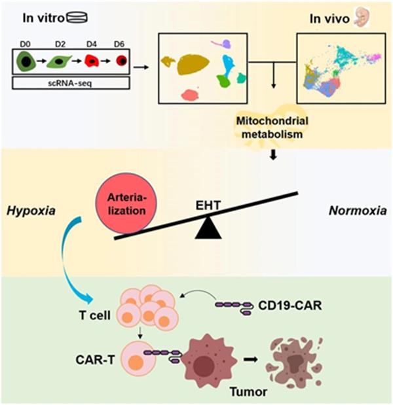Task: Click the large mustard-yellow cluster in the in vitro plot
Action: pos(191,64)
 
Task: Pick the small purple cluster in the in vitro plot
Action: pos(225,44)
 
